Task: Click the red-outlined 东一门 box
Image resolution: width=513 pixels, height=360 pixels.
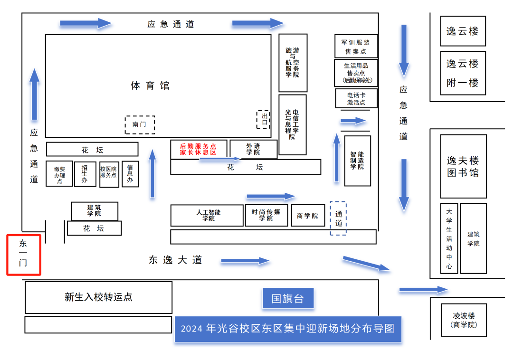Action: (23, 255)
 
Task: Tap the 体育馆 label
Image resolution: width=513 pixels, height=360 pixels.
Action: (150, 85)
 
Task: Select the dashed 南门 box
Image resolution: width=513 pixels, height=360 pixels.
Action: (140, 124)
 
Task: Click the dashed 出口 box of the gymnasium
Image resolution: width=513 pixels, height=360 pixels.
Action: (264, 119)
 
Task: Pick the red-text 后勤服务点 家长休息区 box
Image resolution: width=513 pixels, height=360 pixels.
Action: (198, 149)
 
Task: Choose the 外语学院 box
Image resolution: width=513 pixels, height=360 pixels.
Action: (253, 149)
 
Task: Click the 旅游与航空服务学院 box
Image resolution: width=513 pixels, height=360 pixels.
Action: (293, 63)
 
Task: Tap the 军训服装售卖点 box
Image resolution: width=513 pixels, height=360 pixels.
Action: (356, 46)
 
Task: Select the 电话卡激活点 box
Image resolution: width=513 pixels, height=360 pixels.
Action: (356, 98)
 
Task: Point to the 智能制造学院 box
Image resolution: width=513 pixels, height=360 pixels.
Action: (357, 161)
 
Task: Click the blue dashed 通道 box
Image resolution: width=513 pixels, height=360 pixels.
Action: (338, 218)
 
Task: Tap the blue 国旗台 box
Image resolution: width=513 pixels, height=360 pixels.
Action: (288, 298)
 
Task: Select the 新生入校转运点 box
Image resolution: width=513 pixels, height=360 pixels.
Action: (98, 297)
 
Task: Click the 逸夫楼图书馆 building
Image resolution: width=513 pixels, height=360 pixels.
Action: (463, 166)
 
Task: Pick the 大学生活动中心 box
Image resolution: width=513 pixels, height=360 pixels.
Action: (449, 238)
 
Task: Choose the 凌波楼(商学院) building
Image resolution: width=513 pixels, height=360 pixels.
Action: (464, 320)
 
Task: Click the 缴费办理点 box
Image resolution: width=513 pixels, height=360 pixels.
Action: (59, 174)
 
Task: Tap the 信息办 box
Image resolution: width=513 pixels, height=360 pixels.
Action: (130, 174)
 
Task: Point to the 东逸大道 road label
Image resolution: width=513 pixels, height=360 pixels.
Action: (175, 260)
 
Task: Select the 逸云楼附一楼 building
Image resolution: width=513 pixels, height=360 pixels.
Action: (463, 73)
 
